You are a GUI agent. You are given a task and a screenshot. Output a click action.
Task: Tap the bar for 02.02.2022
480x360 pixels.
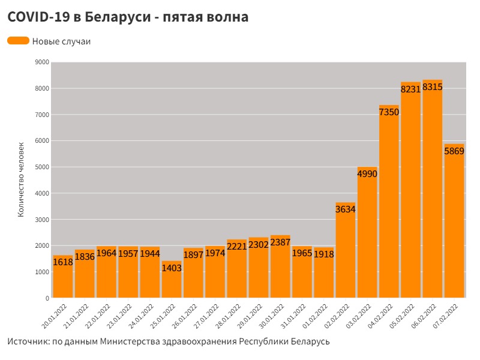point(346,258)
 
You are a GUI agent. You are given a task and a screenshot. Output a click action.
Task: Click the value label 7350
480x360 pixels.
point(389,112)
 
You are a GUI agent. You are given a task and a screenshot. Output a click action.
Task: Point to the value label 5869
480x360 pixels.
point(454,151)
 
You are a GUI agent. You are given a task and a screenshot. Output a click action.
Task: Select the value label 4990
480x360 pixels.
point(367,174)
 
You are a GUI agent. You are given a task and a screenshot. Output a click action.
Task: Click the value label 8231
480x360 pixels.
point(411,89)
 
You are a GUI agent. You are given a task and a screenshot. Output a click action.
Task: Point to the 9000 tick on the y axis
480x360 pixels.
point(42,62)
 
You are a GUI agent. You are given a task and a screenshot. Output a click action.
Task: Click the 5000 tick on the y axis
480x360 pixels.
point(42,167)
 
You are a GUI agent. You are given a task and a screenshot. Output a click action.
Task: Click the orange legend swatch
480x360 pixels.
point(18,41)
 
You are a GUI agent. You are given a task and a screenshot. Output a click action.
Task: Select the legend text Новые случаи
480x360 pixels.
point(61,41)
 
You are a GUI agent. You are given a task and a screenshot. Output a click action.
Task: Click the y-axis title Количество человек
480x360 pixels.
point(21,178)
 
